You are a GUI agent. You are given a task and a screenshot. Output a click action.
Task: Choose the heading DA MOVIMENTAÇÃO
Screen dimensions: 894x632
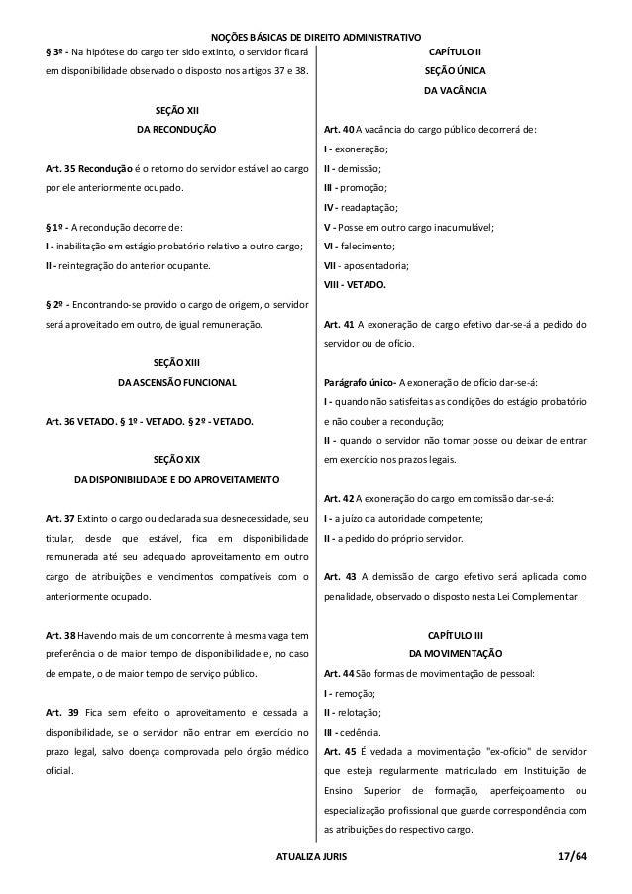tap(455, 654)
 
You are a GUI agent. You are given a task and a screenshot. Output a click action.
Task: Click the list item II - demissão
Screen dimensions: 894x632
tap(355, 168)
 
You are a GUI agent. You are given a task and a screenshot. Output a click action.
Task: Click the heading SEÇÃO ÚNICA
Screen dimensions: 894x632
tap(455, 71)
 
